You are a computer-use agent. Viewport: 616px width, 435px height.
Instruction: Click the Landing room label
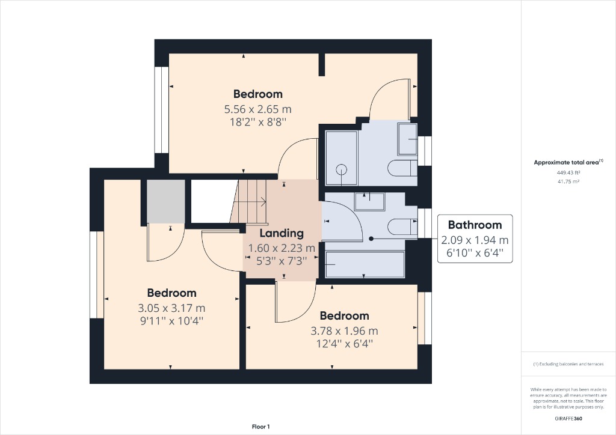[x=281, y=233]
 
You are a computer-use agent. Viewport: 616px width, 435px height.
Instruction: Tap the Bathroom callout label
[x=475, y=225]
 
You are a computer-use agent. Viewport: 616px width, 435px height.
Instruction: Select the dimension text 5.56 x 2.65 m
[x=257, y=109]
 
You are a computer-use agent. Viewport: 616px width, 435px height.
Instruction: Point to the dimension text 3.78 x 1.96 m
[x=344, y=330]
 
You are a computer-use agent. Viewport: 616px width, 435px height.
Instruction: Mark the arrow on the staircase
[x=262, y=202]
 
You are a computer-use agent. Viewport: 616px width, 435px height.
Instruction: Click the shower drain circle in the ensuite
[x=342, y=169]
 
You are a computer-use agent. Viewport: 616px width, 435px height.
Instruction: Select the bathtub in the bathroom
[x=365, y=264]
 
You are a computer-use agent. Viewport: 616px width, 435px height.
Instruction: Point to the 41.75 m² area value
[x=568, y=181]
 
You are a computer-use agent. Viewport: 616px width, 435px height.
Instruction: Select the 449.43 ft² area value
[x=568, y=172]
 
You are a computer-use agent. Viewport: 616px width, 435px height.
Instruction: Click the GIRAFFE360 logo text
[x=568, y=418]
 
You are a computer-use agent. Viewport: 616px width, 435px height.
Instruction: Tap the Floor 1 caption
[x=260, y=427]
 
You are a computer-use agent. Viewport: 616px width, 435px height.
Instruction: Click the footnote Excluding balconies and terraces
[x=568, y=364]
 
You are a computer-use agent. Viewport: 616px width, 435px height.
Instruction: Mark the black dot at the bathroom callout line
[x=371, y=239]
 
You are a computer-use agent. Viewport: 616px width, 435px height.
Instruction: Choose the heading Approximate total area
[x=567, y=162]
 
